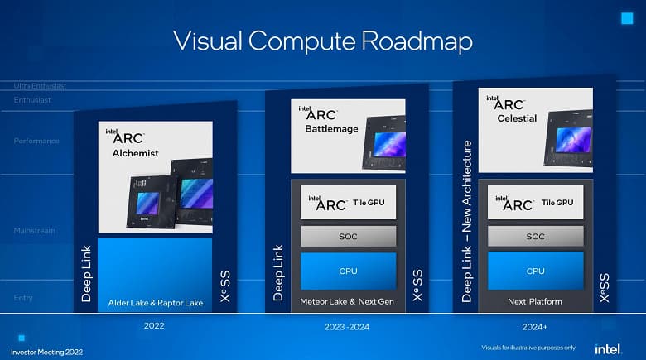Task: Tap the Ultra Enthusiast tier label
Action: pos(40,86)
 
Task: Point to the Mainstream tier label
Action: pos(34,231)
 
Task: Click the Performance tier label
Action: pos(36,141)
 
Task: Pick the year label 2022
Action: pos(154,326)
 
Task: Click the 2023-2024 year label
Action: pos(347,326)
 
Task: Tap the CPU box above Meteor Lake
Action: pos(348,271)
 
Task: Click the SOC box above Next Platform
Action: pos(535,237)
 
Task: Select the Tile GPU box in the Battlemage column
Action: pos(348,203)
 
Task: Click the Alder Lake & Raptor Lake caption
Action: pos(156,303)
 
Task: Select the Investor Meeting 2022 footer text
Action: pos(41,348)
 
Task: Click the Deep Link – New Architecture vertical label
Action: pos(466,221)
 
